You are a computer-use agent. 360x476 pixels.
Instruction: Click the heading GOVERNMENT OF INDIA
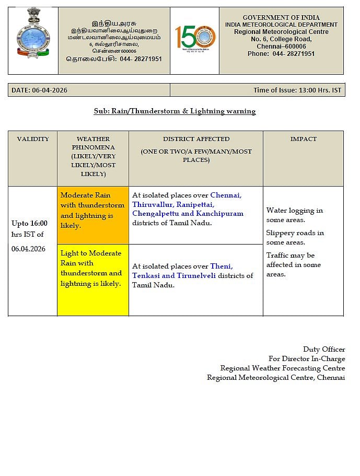pyautogui.click(x=281, y=18)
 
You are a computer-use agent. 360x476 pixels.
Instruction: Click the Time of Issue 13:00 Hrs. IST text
pyautogui.click(x=297, y=90)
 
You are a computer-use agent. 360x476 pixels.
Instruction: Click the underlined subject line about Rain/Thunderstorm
pyautogui.click(x=175, y=111)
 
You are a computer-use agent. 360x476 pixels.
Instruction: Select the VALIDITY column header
pyautogui.click(x=32, y=139)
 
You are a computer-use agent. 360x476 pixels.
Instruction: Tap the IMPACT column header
pyautogui.click(x=303, y=139)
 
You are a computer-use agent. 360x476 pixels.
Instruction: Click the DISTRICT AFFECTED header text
pyautogui.click(x=196, y=139)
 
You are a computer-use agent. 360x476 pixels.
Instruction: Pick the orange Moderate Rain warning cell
pyautogui.click(x=93, y=215)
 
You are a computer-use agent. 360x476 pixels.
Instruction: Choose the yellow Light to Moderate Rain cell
pyautogui.click(x=93, y=280)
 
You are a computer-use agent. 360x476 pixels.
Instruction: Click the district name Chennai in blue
pyautogui.click(x=225, y=195)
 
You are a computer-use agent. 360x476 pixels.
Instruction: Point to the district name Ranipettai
pyautogui.click(x=195, y=204)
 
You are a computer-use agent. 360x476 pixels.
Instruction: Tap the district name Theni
pyautogui.click(x=221, y=266)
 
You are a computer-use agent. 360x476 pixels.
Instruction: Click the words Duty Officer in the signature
pyautogui.click(x=323, y=349)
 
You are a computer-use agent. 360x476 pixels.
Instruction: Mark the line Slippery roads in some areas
pyautogui.click(x=295, y=237)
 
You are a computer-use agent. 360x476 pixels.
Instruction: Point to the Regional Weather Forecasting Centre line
pyautogui.click(x=282, y=368)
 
